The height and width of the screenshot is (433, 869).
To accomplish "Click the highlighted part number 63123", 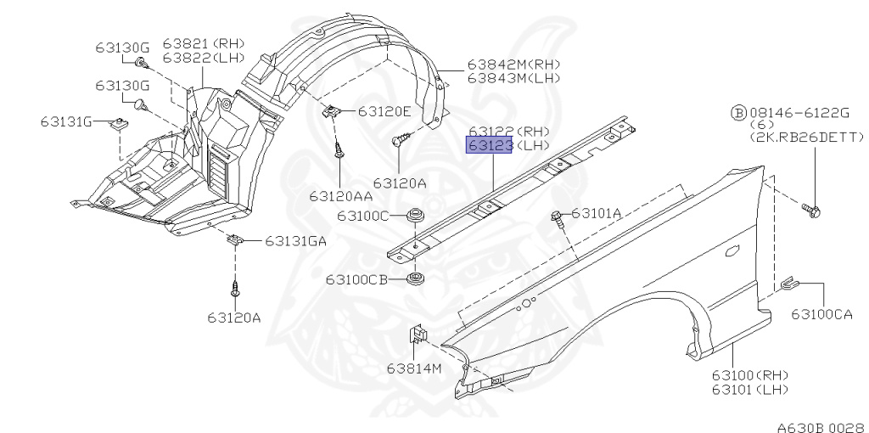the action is [490, 146].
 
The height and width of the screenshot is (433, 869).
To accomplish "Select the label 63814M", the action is [414, 368].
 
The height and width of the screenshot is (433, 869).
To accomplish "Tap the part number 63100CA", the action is [821, 314].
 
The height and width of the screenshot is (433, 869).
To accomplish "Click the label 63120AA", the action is [341, 196].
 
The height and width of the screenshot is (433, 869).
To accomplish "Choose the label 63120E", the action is [384, 111].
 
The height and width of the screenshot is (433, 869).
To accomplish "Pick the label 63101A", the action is [597, 213].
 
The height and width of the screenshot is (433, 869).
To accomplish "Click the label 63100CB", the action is [357, 279].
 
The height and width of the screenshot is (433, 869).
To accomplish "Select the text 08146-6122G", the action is [799, 113].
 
